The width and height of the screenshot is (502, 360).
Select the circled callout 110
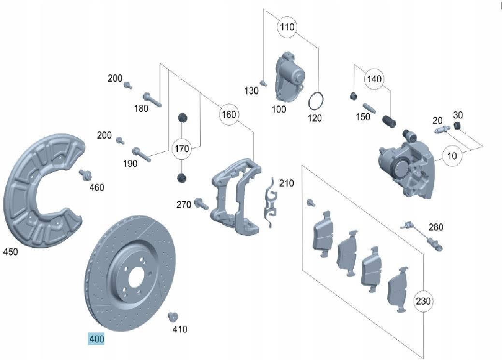click(x=287, y=27)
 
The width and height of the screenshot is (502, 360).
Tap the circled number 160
click(x=229, y=115)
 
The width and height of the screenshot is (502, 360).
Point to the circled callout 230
click(x=423, y=302)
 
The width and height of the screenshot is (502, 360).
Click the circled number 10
click(x=452, y=156)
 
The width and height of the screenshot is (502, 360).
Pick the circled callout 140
click(x=374, y=79)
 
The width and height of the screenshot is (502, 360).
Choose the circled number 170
click(x=182, y=148)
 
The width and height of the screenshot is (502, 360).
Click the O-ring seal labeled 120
click(x=316, y=101)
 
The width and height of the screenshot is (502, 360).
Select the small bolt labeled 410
click(x=172, y=317)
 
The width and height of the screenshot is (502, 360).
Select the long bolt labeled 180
click(x=151, y=100)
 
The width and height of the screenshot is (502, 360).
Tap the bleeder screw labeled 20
click(x=442, y=130)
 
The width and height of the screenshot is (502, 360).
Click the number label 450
click(x=11, y=252)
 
